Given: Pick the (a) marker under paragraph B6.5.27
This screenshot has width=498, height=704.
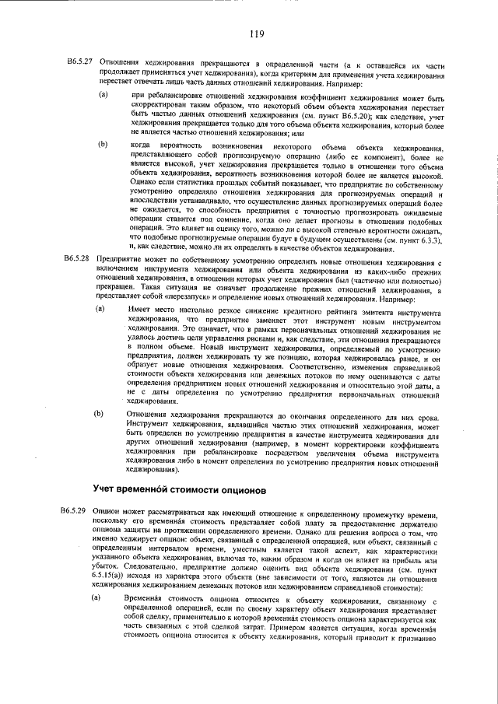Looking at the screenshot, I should coord(102,95).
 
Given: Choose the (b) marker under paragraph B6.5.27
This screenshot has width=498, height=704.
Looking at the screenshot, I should coord(102,145).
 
